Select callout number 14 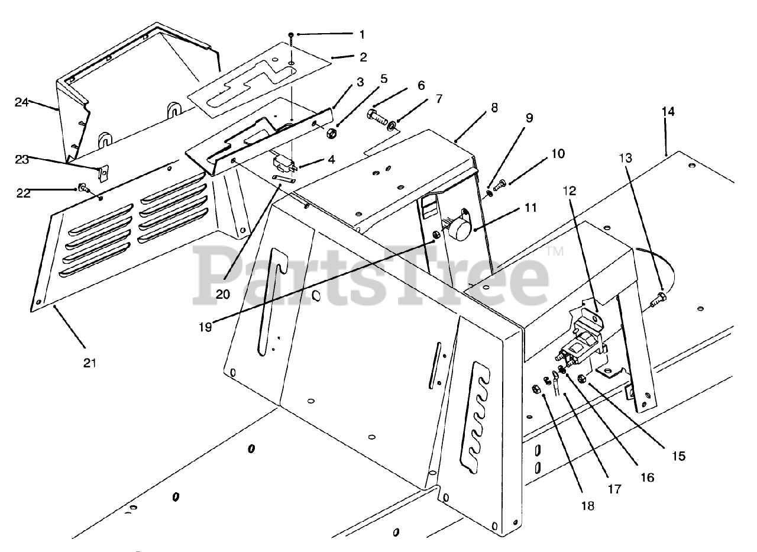pos(668,112)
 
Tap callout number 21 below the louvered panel pos(89,363)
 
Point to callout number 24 pos(22,102)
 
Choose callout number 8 pos(494,108)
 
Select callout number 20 pos(222,293)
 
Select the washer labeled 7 pos(392,125)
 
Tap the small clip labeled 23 pos(102,172)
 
